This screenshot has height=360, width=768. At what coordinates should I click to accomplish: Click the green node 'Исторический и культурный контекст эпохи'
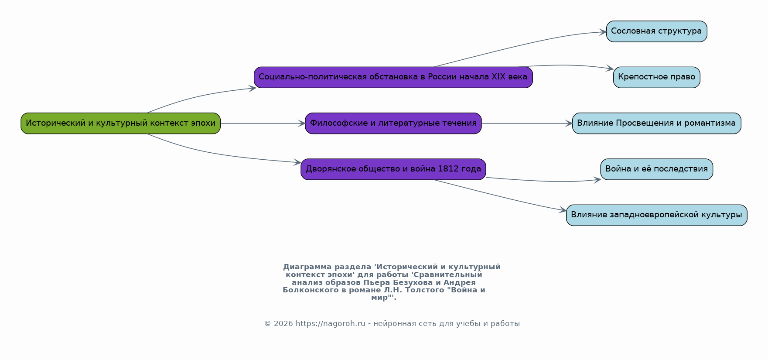pyautogui.click(x=120, y=123)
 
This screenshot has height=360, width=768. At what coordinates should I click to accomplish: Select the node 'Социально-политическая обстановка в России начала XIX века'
pyautogui.click(x=393, y=77)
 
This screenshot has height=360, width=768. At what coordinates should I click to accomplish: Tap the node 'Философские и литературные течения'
pyautogui.click(x=393, y=123)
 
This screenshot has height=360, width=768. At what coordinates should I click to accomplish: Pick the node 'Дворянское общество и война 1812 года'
pyautogui.click(x=393, y=169)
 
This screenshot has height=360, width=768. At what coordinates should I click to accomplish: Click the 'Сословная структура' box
pyautogui.click(x=656, y=31)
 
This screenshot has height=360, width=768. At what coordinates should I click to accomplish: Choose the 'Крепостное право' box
pyautogui.click(x=656, y=77)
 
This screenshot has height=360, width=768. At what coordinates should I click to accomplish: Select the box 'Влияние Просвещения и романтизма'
pyautogui.click(x=656, y=123)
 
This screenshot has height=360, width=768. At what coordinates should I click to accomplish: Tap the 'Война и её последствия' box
pyautogui.click(x=656, y=169)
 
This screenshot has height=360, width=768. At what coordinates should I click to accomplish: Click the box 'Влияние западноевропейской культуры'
pyautogui.click(x=656, y=215)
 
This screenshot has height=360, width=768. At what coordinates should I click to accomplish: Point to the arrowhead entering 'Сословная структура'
pyautogui.click(x=603, y=32)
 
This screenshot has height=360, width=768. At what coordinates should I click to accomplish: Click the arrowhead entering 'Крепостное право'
pyautogui.click(x=610, y=69)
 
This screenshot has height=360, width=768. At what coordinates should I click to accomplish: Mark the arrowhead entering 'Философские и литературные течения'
pyautogui.click(x=302, y=123)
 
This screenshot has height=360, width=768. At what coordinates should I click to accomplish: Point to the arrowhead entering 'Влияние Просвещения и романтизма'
pyautogui.click(x=569, y=123)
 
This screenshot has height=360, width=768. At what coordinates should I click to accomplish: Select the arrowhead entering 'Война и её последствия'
pyautogui.click(x=597, y=180)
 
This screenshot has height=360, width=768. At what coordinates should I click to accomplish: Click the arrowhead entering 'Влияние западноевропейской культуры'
pyautogui.click(x=563, y=211)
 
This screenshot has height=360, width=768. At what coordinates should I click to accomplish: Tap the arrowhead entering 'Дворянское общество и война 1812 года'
pyautogui.click(x=297, y=163)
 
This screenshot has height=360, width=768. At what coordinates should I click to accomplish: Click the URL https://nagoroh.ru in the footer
pyautogui.click(x=331, y=324)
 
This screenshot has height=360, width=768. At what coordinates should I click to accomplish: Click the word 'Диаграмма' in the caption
pyautogui.click(x=307, y=267)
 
